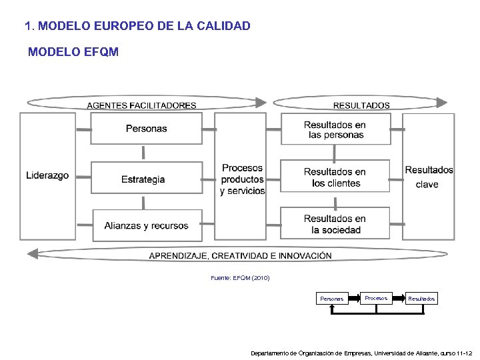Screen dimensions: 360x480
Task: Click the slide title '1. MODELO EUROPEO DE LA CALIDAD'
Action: (x=137, y=27)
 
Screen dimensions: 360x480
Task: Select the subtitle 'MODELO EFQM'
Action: (x=73, y=52)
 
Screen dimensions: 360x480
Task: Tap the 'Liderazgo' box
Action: (x=47, y=175)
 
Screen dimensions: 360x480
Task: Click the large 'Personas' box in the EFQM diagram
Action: (x=147, y=128)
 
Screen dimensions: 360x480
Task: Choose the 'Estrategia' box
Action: (x=143, y=179)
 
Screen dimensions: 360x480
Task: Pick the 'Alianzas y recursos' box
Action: (x=147, y=226)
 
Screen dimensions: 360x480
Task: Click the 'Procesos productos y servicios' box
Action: (x=242, y=179)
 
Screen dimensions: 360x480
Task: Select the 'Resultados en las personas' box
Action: (x=335, y=129)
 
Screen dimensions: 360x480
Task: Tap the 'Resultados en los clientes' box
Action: (x=335, y=177)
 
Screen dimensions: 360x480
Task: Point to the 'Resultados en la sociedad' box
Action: (x=335, y=224)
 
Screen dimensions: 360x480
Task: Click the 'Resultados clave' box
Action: (x=429, y=176)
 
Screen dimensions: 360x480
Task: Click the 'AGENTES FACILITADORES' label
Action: (x=141, y=105)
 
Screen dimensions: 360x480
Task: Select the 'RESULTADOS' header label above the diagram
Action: (x=361, y=105)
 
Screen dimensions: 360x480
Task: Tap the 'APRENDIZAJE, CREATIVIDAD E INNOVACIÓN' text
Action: (x=240, y=256)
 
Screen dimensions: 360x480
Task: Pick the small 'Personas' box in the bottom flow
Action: (x=331, y=299)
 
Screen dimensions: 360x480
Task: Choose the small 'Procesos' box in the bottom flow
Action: (x=376, y=298)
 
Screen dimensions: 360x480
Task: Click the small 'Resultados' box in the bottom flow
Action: (x=421, y=299)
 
